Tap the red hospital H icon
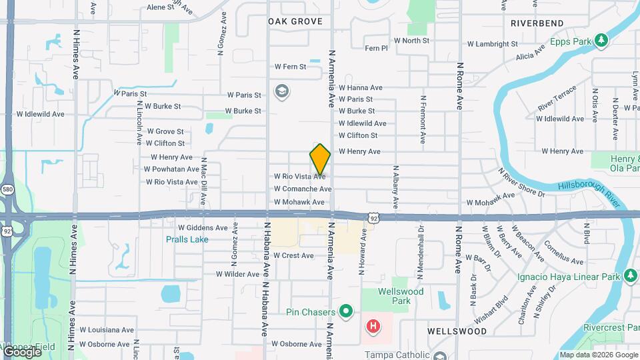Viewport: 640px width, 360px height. [x=373, y=327]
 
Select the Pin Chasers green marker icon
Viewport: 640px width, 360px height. [x=345, y=311]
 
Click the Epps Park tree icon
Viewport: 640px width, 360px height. [x=601, y=41]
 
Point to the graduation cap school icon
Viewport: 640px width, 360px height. [x=281, y=91]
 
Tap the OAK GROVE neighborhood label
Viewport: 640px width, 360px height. [x=295, y=22]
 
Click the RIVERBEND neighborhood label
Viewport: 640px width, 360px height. [x=537, y=23]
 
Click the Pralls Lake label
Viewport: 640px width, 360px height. [x=186, y=239]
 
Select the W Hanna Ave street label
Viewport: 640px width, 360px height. [x=360, y=87]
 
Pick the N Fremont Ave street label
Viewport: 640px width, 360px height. [x=423, y=120]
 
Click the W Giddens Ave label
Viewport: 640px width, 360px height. [x=203, y=228]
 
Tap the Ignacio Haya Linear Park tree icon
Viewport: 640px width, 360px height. [x=631, y=275]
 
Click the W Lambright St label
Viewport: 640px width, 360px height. [x=493, y=44]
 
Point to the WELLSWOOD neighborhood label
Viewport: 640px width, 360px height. [x=457, y=331]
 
